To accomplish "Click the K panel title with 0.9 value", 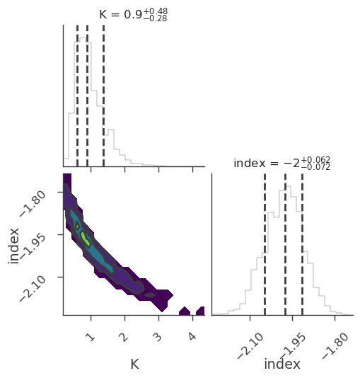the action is tap(134, 14).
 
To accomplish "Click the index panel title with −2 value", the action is tap(281, 164).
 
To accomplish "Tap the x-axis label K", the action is tap(135, 364).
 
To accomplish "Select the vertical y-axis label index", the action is tap(13, 246).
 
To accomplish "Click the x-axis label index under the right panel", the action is tap(282, 364).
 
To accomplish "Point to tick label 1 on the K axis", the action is tap(91, 337).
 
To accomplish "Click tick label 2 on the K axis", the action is tap(124, 337).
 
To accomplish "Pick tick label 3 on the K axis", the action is tap(158, 337).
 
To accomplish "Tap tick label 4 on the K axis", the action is tap(192, 336).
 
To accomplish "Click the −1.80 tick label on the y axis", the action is tap(33, 204).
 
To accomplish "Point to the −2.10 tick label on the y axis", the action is tap(33, 289).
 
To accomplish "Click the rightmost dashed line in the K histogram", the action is tap(103, 96).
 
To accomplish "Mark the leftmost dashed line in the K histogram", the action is tap(77, 96).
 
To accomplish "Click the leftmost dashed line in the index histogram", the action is tap(265, 244).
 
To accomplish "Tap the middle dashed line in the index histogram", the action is tap(285, 244).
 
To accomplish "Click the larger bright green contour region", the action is tap(86, 239).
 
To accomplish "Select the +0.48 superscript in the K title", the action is tap(156, 11).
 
